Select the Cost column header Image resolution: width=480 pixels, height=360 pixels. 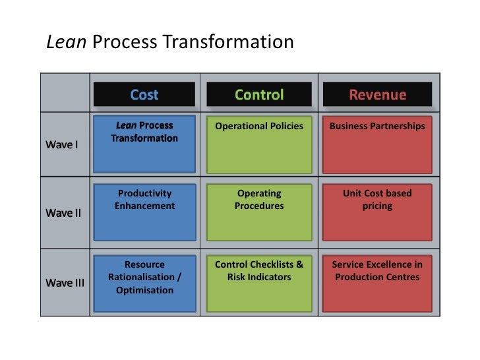(144, 95)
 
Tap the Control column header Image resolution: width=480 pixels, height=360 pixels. (259, 95)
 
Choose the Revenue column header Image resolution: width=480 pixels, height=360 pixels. (377, 95)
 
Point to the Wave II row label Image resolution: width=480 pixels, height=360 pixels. (63, 213)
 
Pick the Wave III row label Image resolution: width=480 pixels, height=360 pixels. (65, 283)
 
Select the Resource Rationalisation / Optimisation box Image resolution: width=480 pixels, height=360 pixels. (144, 283)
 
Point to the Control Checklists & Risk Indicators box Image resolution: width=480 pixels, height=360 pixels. (259, 283)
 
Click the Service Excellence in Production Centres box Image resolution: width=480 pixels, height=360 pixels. (377, 283)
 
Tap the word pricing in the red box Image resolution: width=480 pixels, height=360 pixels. (377, 206)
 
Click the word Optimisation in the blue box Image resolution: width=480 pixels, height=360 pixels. (144, 290)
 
